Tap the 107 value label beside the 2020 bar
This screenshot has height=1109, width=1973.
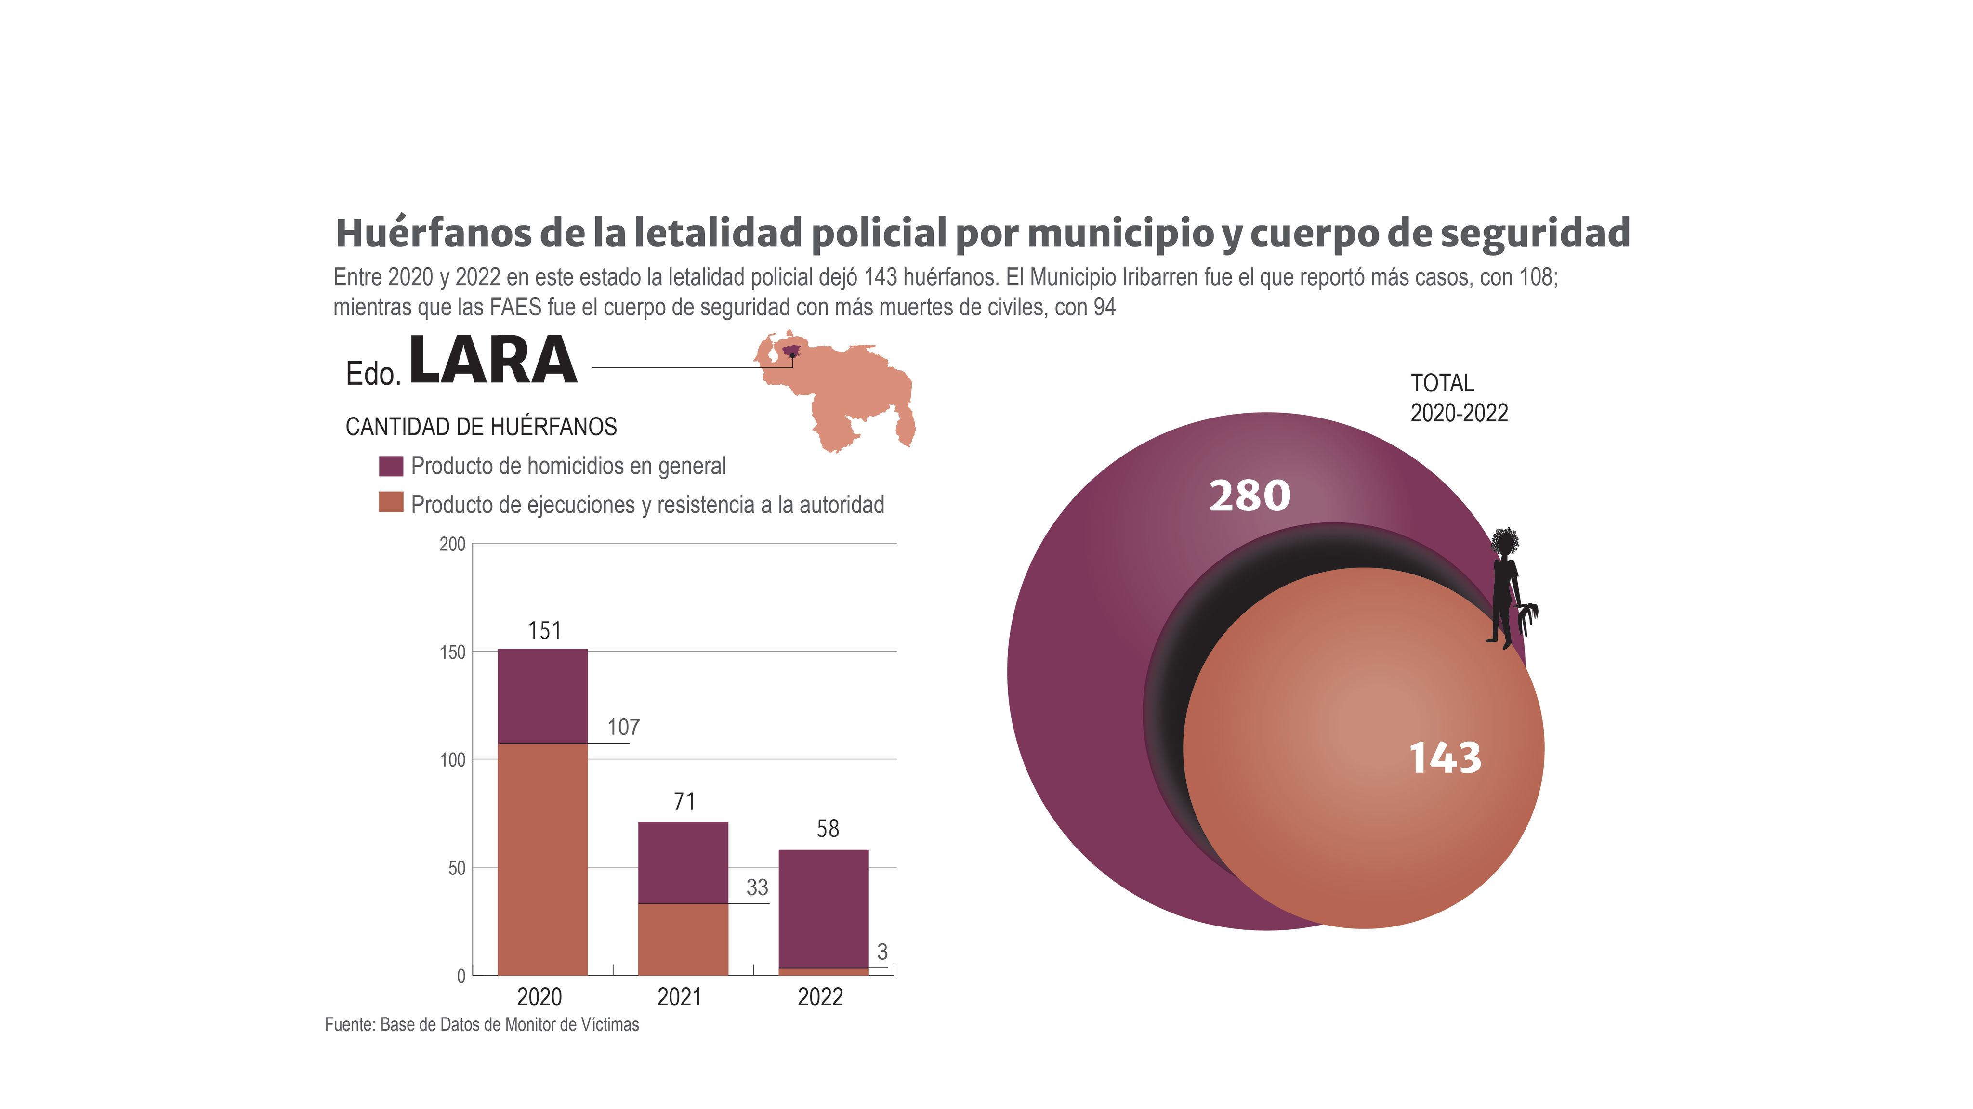point(623,727)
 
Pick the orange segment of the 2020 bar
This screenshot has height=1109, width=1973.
point(542,858)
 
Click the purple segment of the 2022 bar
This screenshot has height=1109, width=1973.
point(823,908)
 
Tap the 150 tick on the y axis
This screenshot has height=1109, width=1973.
point(453,652)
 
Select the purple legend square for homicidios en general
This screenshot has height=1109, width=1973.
point(391,466)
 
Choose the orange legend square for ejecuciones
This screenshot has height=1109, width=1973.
point(391,502)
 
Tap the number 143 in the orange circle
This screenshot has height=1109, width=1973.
point(1445,758)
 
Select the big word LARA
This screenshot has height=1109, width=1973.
point(492,360)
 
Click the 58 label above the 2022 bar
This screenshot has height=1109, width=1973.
point(827,828)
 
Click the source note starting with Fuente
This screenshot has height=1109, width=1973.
point(481,1024)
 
